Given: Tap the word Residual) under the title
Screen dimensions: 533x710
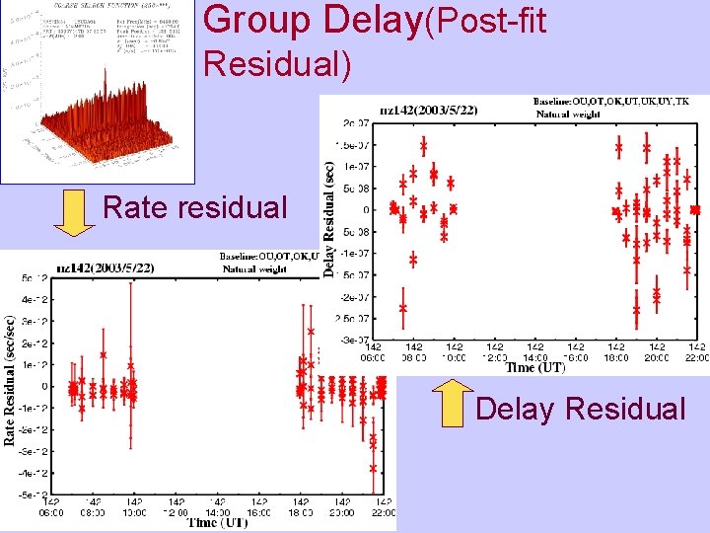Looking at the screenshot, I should click(276, 64).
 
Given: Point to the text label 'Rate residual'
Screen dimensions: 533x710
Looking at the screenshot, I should click(194, 208).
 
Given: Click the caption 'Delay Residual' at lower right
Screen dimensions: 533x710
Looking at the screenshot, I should click(580, 409).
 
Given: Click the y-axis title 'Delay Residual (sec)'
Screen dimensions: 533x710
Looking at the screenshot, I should click(329, 219).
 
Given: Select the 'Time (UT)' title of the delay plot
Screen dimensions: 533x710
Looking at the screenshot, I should click(535, 367).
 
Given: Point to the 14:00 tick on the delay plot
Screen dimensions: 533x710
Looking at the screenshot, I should click(535, 352).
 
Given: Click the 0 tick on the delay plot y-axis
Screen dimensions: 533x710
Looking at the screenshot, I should click(365, 209).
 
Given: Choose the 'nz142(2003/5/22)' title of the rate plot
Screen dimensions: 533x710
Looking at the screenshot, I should click(106, 267).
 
